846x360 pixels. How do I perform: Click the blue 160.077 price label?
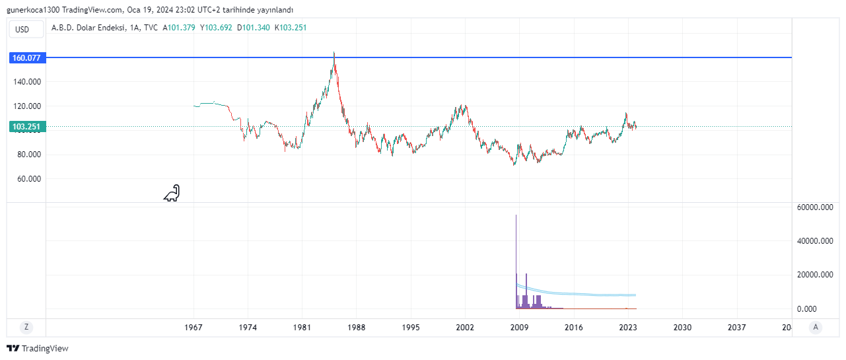click(x=26, y=58)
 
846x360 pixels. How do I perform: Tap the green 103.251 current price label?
click(x=26, y=126)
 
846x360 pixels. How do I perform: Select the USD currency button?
click(x=22, y=29)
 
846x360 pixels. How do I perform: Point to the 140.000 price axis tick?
click(x=26, y=82)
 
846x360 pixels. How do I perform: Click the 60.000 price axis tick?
click(x=26, y=179)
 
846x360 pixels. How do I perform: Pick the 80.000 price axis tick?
click(x=26, y=155)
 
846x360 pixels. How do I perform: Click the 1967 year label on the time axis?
click(x=194, y=327)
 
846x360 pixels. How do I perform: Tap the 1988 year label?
click(x=357, y=327)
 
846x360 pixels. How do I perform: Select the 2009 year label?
click(x=520, y=327)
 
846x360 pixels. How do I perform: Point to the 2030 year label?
click(x=682, y=327)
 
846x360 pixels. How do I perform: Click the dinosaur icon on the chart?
click(x=172, y=193)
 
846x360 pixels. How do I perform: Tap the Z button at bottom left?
click(x=26, y=327)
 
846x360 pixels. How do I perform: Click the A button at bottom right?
click(x=816, y=327)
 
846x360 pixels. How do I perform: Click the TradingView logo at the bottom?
click(x=38, y=348)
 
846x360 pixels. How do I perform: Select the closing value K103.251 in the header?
click(x=291, y=28)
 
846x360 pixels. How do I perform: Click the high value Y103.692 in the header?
click(x=217, y=28)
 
